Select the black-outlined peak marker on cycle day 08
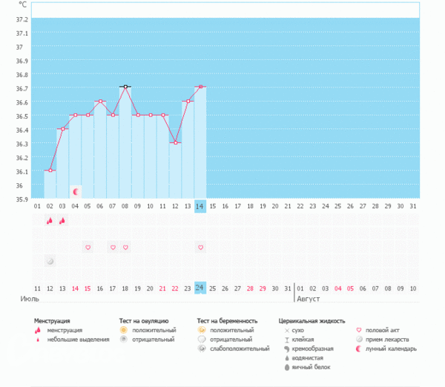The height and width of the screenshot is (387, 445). click(125, 87)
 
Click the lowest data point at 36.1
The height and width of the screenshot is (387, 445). click(50, 171)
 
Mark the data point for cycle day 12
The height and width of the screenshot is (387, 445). click(175, 142)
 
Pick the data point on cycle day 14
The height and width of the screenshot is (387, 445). click(200, 87)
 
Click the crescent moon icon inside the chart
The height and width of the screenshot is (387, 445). click(75, 191)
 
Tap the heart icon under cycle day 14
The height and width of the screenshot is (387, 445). click(200, 247)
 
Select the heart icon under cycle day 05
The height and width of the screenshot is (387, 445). click(88, 247)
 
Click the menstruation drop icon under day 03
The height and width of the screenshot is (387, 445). click(62, 220)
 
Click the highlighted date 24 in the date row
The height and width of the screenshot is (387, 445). click(200, 288)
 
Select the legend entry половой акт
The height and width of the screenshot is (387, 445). click(386, 330)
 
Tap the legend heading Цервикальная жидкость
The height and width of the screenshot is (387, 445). click(311, 321)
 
